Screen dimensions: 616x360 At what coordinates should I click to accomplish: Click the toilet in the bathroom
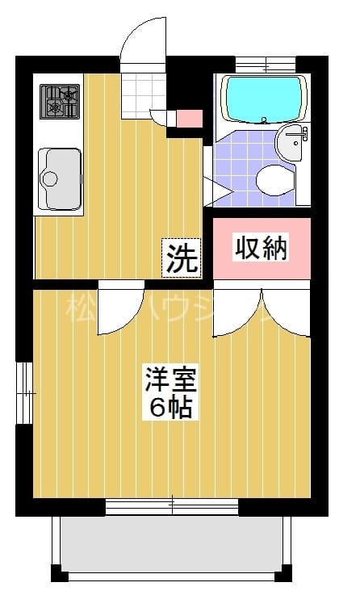pyautogui.click(x=274, y=178)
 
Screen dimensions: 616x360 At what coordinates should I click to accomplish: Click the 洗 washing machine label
pyautogui.click(x=182, y=258)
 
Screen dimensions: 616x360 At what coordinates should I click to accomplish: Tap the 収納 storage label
pyautogui.click(x=261, y=248)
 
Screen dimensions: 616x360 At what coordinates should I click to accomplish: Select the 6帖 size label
pyautogui.click(x=170, y=406)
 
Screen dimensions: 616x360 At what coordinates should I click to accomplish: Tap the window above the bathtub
pyautogui.click(x=266, y=63)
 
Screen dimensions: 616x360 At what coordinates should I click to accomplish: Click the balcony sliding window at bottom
pyautogui.click(x=172, y=507)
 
